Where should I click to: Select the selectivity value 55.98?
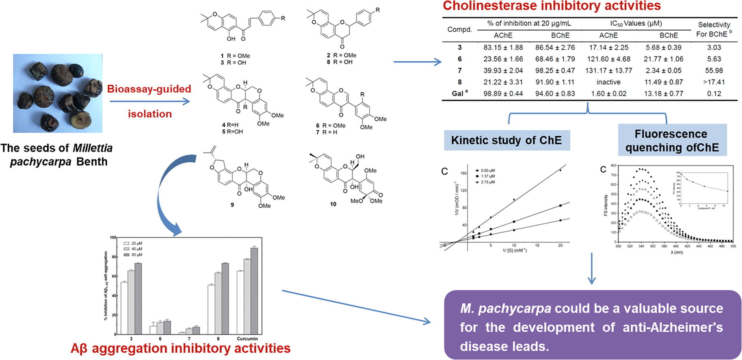(714, 70)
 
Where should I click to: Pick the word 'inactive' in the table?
(608, 82)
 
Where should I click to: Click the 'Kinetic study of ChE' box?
(506, 141)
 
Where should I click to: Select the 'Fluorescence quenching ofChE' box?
(672, 141)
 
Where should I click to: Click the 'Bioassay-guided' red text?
(149, 89)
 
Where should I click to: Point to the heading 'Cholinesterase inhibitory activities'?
(552, 6)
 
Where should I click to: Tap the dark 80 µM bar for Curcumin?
(254, 291)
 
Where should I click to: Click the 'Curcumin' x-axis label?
(247, 338)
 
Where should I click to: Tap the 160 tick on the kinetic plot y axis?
(463, 173)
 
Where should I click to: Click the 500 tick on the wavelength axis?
(733, 246)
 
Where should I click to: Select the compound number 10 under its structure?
(333, 204)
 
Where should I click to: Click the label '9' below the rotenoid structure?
(232, 205)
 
